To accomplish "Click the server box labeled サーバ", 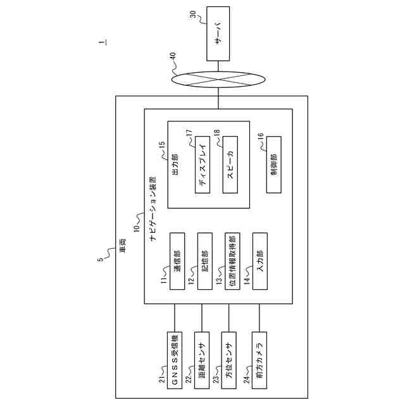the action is tap(218, 34).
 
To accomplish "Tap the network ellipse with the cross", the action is tap(218, 80).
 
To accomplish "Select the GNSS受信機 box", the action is tap(175, 360).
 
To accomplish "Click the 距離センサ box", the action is tap(202, 360).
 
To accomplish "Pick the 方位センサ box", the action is tap(229, 360).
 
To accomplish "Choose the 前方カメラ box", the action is tap(259, 360).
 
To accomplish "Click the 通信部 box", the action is tap(177, 261).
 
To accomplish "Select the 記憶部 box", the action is tap(205, 261).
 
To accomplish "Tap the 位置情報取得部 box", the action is tap(232, 261).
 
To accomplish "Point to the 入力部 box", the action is tap(260, 261).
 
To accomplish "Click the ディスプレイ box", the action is tap(202, 165).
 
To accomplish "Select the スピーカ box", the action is tap(230, 165).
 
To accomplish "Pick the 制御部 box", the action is tap(274, 165).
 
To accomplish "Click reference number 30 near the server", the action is tap(193, 15).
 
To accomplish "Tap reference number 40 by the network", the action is tap(173, 56).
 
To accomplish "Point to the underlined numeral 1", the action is tap(103, 42).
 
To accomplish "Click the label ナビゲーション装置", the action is tap(153, 209).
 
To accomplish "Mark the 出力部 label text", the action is tap(175, 165).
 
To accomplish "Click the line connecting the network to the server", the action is tap(218, 66).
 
